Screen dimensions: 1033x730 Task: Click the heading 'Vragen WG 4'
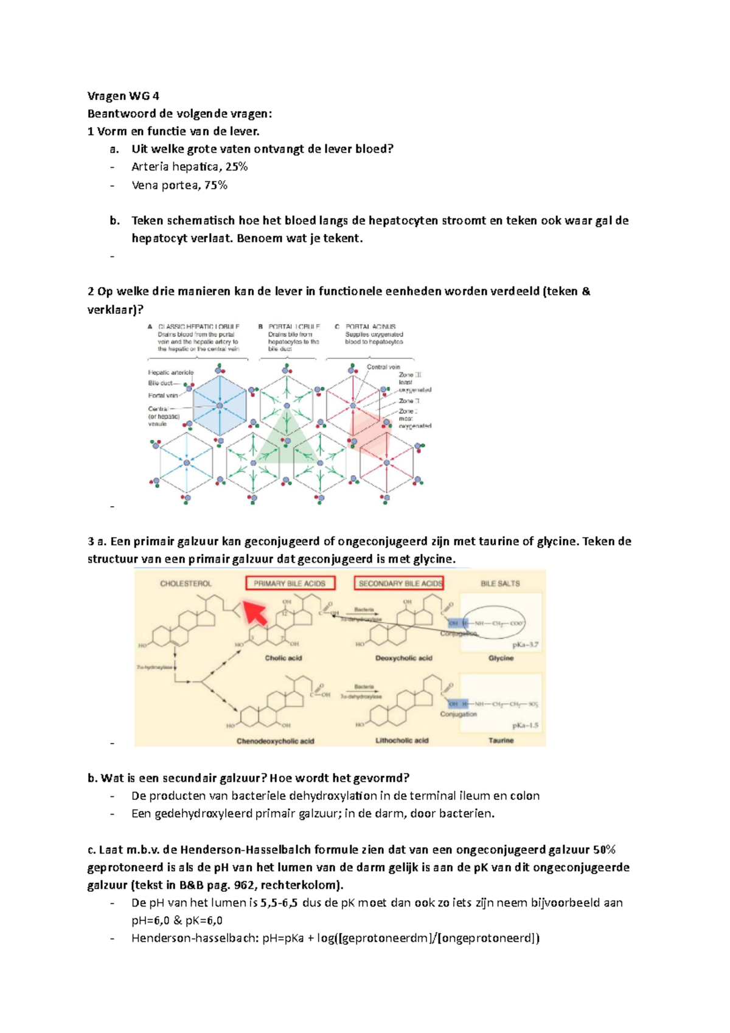[123, 96]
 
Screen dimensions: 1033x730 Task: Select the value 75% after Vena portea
[215, 185]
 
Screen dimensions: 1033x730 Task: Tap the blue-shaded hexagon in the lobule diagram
[220, 405]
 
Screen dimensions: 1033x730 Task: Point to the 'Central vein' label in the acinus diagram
[383, 367]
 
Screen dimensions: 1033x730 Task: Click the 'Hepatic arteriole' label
[170, 372]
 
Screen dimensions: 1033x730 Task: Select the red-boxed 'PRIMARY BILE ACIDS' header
[290, 583]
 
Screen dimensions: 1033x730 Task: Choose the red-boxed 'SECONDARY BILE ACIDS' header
[398, 583]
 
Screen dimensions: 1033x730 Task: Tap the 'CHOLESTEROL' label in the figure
[186, 583]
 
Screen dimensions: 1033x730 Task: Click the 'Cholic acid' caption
[283, 658]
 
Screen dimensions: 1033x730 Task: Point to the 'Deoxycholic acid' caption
[403, 658]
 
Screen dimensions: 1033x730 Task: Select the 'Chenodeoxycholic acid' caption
[275, 741]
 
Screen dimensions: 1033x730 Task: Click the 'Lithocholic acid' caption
[401, 740]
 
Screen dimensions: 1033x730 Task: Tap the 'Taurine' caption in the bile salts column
[501, 740]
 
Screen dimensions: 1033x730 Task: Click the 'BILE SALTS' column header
[500, 583]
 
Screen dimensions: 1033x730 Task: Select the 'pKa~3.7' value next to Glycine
[525, 644]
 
